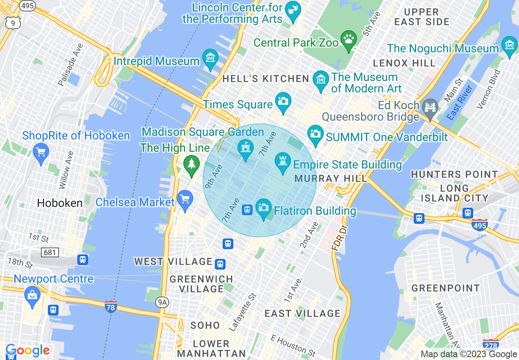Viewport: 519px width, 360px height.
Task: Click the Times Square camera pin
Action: [283, 100]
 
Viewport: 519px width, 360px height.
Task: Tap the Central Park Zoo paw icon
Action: [348, 39]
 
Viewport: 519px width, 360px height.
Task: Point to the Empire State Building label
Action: [348, 165]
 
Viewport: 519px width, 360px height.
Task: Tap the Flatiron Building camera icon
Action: [264, 207]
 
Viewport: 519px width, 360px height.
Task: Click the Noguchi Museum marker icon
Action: [509, 45]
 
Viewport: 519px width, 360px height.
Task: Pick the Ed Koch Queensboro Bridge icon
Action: [430, 108]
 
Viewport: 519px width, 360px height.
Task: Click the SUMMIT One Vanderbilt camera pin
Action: [315, 134]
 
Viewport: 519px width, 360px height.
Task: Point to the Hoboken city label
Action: [60, 203]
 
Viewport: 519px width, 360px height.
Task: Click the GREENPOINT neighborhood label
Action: [445, 288]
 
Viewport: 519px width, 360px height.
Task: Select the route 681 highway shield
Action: [50, 252]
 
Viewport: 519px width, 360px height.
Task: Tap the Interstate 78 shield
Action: [111, 306]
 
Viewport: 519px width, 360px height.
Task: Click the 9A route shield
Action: [162, 302]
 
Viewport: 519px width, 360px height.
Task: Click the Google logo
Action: [27, 350]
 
